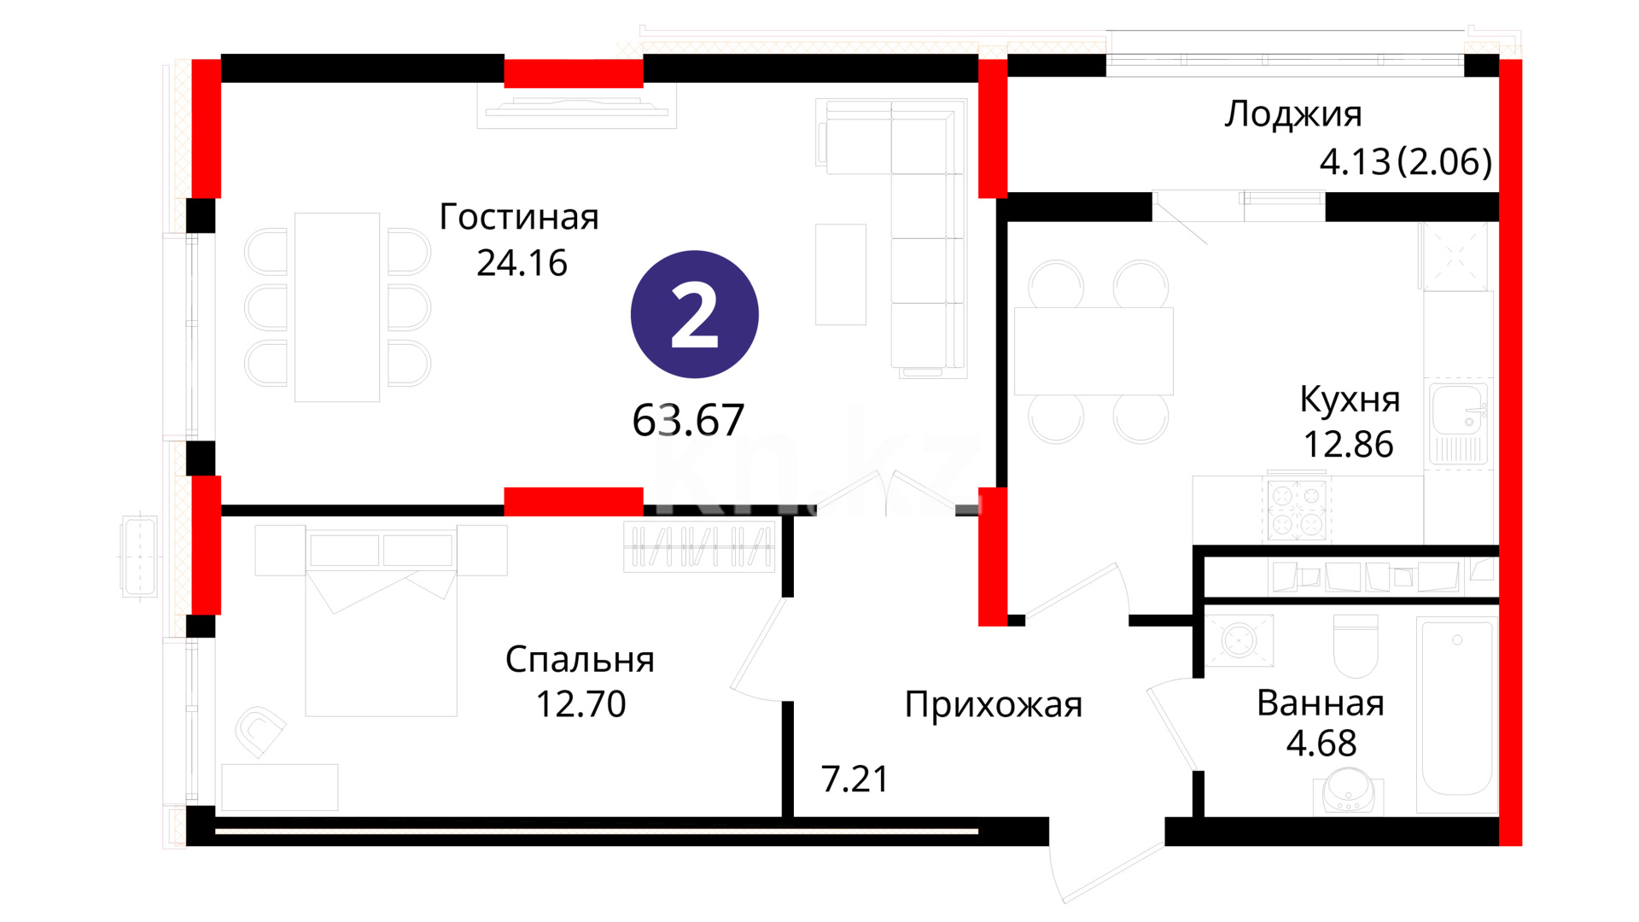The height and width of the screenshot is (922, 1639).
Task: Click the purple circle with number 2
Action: click(x=694, y=314)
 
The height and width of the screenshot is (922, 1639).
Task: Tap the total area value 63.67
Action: click(x=688, y=420)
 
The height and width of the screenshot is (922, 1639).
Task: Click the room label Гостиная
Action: click(x=519, y=217)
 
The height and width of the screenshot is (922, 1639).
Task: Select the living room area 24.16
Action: click(x=522, y=263)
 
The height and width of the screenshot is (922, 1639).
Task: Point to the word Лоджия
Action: click(x=1293, y=115)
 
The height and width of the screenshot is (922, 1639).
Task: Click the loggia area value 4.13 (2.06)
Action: click(x=1406, y=161)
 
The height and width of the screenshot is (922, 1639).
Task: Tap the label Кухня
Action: click(x=1350, y=400)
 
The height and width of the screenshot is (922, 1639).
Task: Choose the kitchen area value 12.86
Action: click(x=1348, y=444)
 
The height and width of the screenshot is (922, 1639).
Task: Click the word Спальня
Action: click(x=580, y=660)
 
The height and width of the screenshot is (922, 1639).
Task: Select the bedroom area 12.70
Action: click(x=580, y=704)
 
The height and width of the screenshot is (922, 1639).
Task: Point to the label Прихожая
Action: click(x=994, y=706)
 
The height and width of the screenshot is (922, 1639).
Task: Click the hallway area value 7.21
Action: click(x=854, y=779)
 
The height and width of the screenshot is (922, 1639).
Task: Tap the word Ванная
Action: click(x=1321, y=703)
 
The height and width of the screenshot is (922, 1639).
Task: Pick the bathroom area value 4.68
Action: click(x=1321, y=744)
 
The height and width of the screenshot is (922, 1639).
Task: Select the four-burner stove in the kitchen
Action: click(x=1296, y=510)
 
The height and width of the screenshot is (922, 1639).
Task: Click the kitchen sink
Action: click(x=1459, y=423)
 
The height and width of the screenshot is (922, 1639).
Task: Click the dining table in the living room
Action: click(x=337, y=307)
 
